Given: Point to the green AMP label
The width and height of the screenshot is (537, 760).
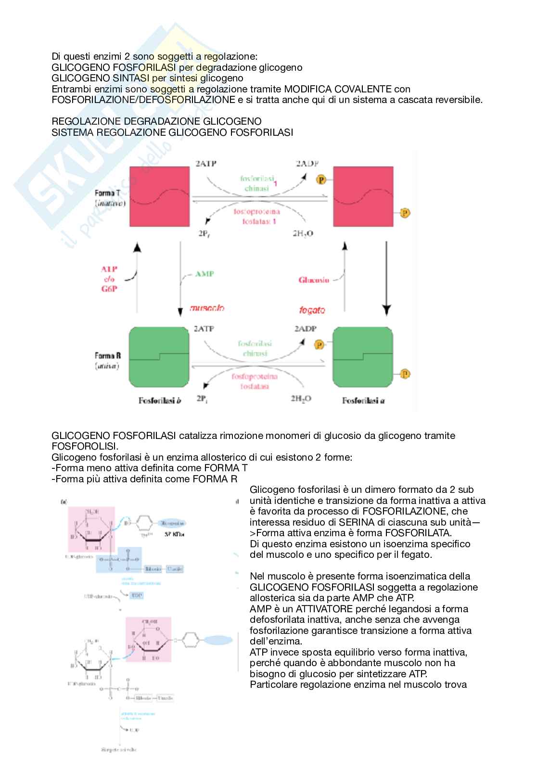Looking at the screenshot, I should (x=205, y=274).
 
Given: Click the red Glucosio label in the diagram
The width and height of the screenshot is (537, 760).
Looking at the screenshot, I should (x=314, y=280).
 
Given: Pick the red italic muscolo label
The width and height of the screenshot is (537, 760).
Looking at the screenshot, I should (x=207, y=308).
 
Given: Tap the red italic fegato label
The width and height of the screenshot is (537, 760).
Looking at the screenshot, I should (x=312, y=310).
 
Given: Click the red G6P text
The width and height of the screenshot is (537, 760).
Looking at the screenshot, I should (x=109, y=289).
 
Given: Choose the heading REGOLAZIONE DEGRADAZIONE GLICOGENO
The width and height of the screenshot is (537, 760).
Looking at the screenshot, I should (x=156, y=121).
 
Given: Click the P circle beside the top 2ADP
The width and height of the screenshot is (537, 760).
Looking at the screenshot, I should (x=321, y=180).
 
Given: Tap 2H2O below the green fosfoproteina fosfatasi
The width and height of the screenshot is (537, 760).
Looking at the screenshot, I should (x=301, y=399).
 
